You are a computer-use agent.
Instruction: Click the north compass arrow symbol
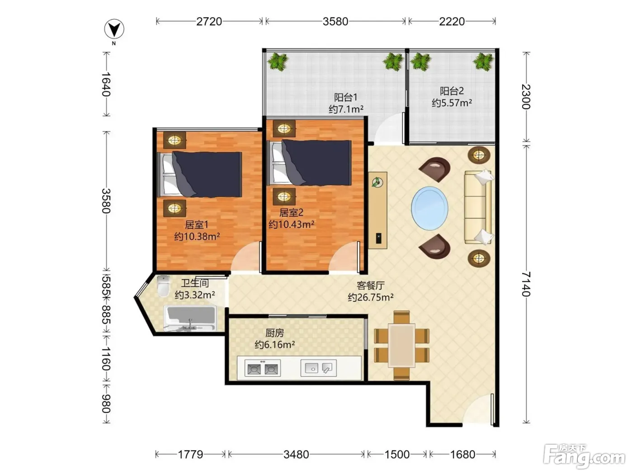pos(114,29)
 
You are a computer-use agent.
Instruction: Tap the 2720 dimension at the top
pos(209,22)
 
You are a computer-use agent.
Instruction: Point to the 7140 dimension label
pos(526,284)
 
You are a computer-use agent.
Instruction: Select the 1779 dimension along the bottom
pos(190,455)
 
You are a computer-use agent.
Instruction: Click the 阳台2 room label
pos(452,91)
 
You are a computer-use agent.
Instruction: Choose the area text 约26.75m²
pos(371,297)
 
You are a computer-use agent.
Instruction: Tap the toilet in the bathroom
pos(163,286)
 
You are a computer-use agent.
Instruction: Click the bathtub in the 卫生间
pos(190,318)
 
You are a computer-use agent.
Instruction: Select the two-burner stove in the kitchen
pos(262,368)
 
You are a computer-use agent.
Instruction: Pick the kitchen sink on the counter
pos(318,368)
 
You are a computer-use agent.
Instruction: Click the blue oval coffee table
pos(430,208)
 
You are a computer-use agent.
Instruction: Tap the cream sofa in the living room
pos(478,207)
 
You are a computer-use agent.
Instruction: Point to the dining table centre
pos(402,346)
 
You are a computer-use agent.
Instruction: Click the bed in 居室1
pos(199,175)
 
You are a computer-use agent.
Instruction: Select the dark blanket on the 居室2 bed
pos(316,162)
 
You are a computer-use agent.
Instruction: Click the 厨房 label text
pos(274,333)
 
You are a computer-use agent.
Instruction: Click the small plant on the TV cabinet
pos(377,182)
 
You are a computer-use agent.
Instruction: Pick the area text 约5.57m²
pos(452,103)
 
